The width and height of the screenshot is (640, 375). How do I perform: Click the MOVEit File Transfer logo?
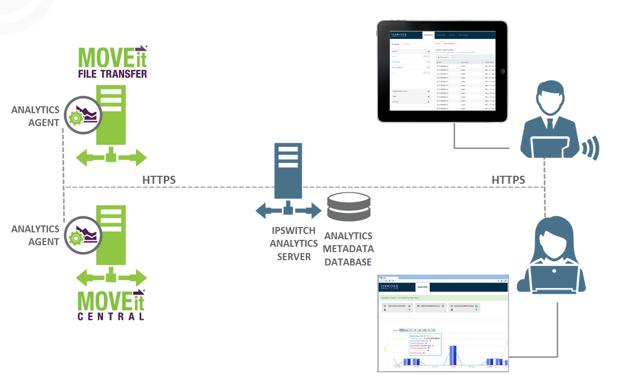pos(112,62)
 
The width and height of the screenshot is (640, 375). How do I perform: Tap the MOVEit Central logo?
pos(112,304)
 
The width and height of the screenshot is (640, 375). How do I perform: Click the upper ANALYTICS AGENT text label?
pos(35,116)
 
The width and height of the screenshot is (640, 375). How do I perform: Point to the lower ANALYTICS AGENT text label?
pos(35,235)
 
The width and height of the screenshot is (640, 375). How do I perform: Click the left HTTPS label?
pos(159,180)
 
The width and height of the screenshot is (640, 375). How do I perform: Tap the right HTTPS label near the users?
pos(508,180)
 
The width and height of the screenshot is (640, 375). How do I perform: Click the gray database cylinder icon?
pos(348,207)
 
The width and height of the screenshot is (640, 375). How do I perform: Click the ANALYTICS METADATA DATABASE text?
pos(349,249)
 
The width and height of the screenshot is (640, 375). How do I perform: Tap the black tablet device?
pos(442,72)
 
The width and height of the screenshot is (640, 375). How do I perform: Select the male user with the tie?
pos(549,120)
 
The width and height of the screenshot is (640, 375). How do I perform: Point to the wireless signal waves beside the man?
pos(591,146)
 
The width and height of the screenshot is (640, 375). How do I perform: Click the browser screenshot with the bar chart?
pos(443,323)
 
